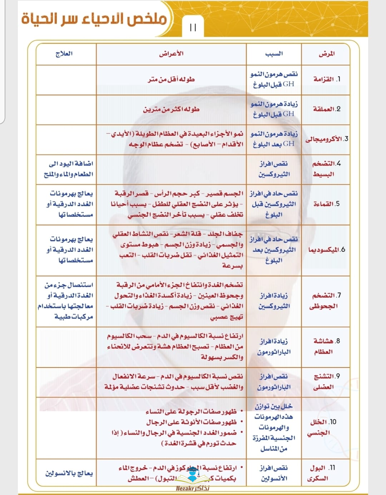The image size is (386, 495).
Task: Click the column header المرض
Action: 326,54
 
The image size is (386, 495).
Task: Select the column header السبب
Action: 274,54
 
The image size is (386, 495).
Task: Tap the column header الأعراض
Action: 171,54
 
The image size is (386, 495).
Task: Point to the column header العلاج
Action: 64,54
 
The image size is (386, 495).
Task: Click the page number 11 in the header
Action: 193,27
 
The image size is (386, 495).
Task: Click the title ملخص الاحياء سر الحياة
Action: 94,19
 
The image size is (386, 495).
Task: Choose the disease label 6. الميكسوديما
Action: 326,250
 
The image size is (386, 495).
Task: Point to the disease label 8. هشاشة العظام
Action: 326,346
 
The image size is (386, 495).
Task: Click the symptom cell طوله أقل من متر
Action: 171,79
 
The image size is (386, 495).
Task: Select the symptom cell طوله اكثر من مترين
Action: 171,109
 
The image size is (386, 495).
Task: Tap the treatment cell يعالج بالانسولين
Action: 69,473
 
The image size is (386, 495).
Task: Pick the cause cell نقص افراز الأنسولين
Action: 274,473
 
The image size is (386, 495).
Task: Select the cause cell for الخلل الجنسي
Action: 274,427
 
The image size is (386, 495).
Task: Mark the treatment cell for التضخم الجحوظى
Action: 66,301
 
